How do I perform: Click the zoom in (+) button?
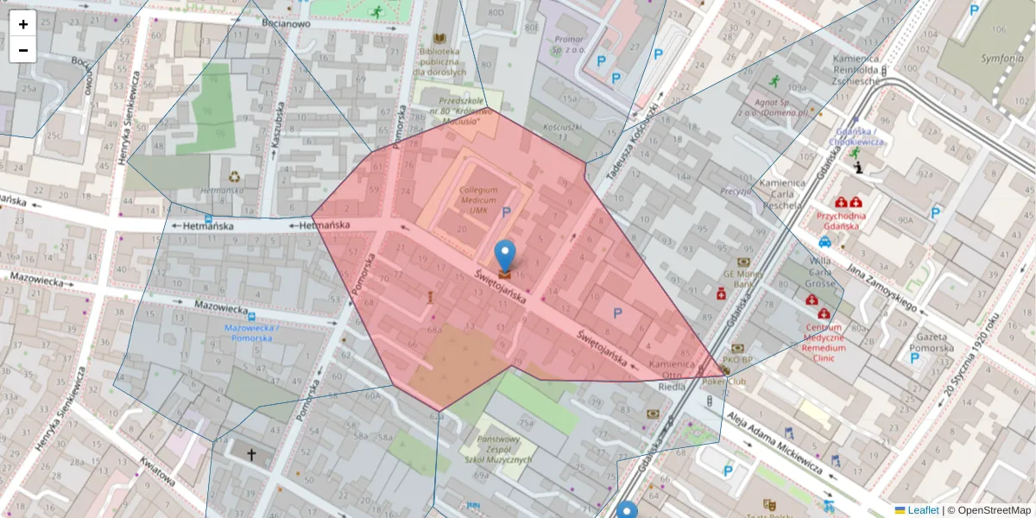(23, 24)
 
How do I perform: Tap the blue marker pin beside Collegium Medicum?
(505, 256)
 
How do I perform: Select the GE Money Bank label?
(744, 278)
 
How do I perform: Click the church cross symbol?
(252, 454)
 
